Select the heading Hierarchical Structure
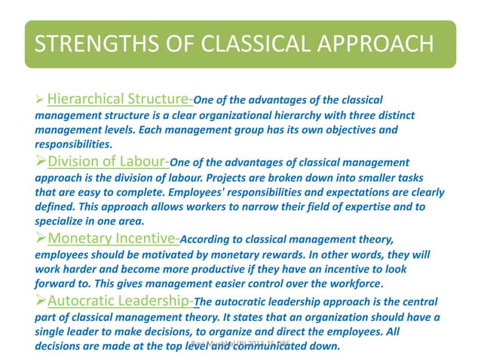(x=119, y=99)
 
